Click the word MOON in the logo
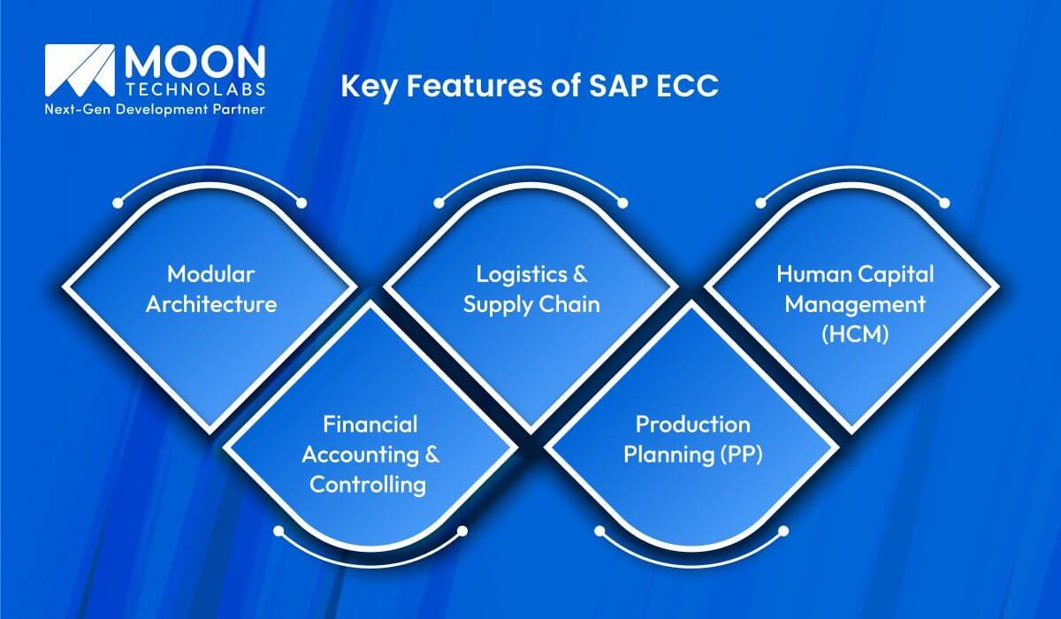pyautogui.click(x=194, y=64)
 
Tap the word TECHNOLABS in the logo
pyautogui.click(x=194, y=92)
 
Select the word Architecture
pyautogui.click(x=211, y=305)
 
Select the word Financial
pyautogui.click(x=370, y=425)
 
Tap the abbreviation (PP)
pyautogui.click(x=741, y=456)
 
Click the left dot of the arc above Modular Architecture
pyautogui.click(x=118, y=203)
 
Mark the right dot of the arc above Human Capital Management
pyautogui.click(x=943, y=203)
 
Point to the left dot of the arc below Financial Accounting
pyautogui.click(x=278, y=531)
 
